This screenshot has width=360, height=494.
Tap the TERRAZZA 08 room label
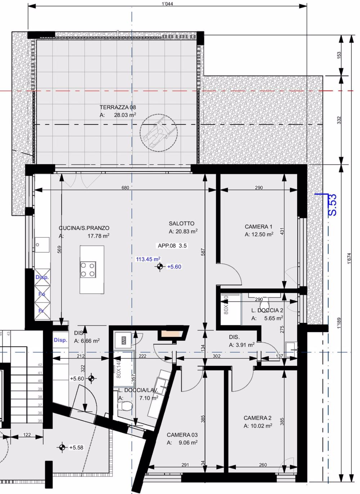coord(118,107)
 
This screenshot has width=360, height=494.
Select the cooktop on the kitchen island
coord(88,269)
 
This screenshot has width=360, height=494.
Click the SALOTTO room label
coord(181,224)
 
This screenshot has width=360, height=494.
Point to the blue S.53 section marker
coord(333,205)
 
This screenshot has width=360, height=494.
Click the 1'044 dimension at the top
coord(168,4)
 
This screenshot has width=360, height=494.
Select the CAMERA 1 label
coord(258,227)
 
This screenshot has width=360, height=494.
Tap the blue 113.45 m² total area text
coord(148,259)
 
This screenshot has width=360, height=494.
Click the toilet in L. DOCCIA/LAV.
coord(125,406)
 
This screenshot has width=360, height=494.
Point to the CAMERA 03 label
coord(182,435)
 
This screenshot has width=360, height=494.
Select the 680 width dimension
coord(125,188)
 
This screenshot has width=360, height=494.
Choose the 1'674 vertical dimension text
coord(349,259)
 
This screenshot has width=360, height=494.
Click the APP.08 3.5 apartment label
coord(172,246)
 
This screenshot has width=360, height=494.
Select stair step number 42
coord(40,365)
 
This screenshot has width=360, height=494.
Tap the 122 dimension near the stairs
coord(27,435)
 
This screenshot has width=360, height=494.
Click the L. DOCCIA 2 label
coord(267,310)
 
